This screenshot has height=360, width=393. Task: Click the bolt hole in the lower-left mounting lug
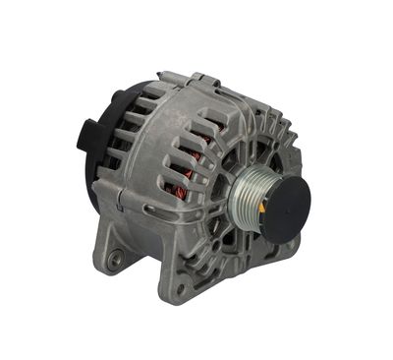pyautogui.click(x=116, y=258)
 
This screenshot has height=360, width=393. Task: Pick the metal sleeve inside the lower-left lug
pyautogui.click(x=116, y=258)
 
